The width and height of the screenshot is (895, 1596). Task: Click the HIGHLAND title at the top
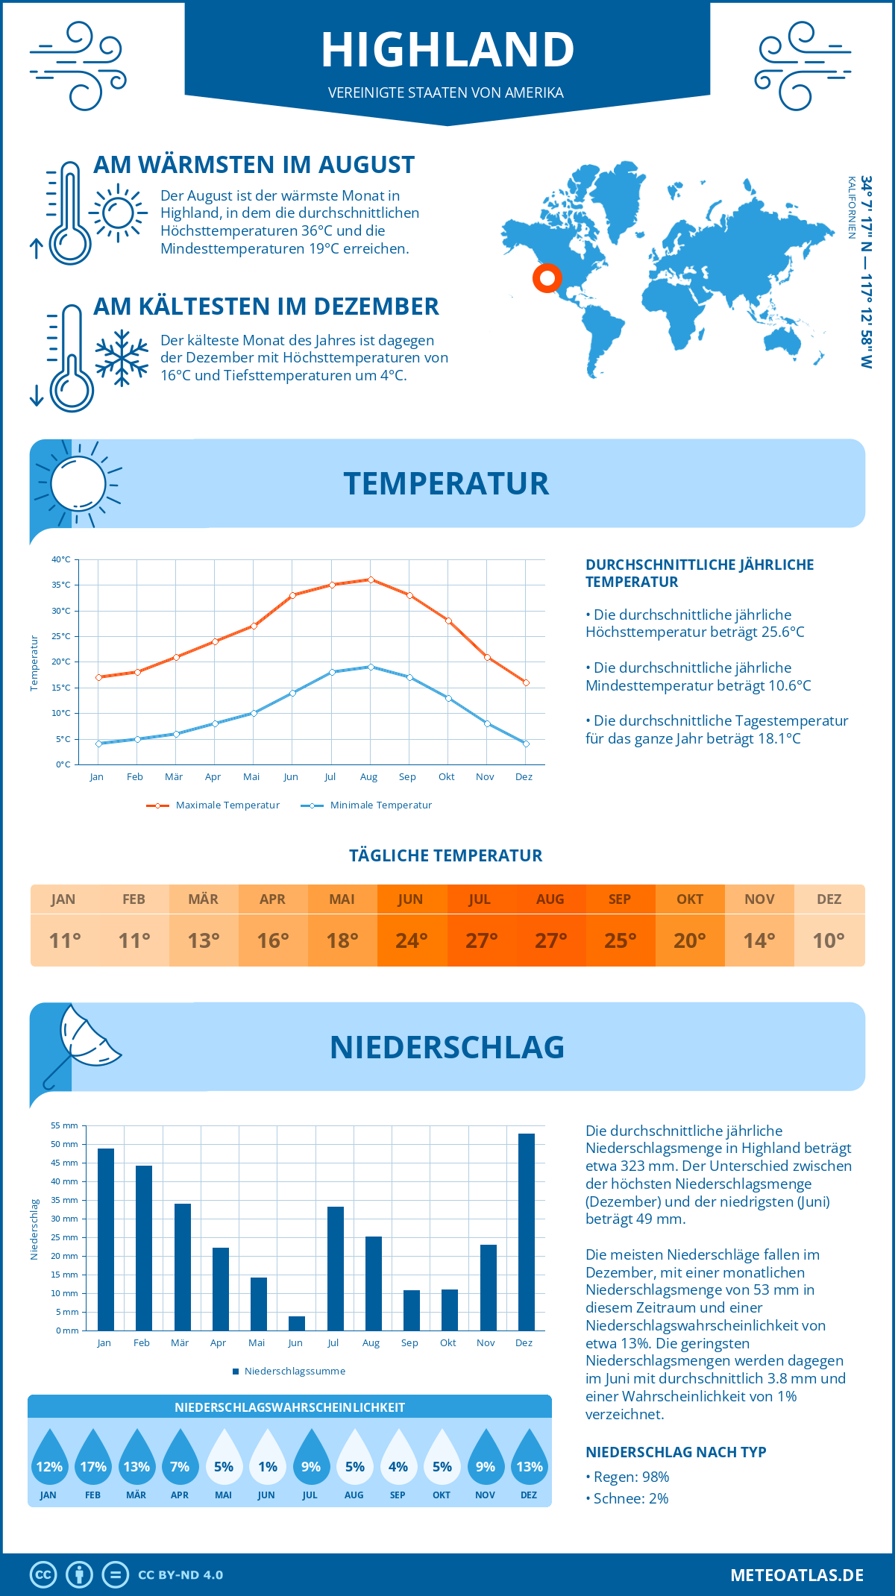point(447,50)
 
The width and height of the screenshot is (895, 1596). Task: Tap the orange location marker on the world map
point(547,278)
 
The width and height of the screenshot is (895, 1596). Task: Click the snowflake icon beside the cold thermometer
point(122,358)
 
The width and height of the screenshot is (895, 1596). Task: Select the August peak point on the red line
point(371,579)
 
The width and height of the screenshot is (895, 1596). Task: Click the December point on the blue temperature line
point(526,744)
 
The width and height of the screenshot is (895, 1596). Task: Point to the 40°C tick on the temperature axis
point(61,559)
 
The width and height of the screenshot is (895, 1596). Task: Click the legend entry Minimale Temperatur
point(380,805)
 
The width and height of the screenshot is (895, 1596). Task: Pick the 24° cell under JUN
point(411,940)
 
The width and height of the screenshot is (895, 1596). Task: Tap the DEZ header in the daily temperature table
point(829,899)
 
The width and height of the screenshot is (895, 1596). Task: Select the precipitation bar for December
point(526,1231)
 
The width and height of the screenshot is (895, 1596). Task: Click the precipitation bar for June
point(297,1323)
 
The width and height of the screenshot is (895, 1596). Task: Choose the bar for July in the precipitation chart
point(335,1268)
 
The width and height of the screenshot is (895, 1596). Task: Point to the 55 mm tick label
point(64,1125)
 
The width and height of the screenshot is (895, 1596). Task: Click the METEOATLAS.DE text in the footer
point(797,1575)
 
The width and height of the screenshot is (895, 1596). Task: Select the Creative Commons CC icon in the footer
point(43,1575)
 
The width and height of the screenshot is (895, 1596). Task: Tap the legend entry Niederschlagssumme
point(294,1371)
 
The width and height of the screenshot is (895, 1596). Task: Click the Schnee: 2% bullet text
point(630,1498)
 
